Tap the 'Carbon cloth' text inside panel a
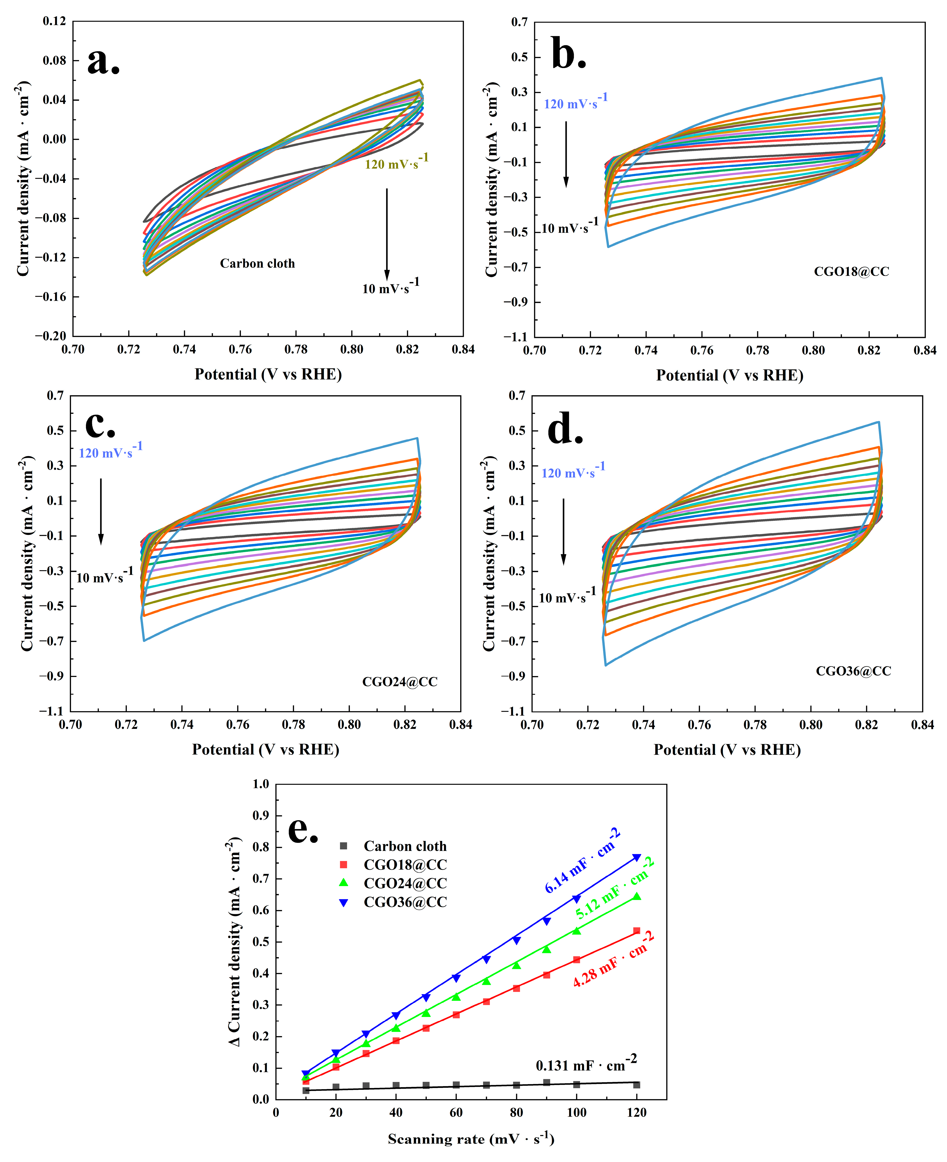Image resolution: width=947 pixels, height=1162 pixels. (x=257, y=264)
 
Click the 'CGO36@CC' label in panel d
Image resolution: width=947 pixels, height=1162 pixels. (x=853, y=671)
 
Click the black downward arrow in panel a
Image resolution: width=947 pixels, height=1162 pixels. (x=387, y=234)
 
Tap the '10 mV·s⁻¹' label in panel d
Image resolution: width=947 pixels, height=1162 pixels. (x=567, y=596)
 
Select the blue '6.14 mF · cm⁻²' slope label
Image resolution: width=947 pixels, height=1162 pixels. (x=583, y=861)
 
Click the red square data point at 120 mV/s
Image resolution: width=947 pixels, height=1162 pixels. (x=637, y=931)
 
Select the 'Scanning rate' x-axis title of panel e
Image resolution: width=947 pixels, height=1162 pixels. (x=471, y=1139)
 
